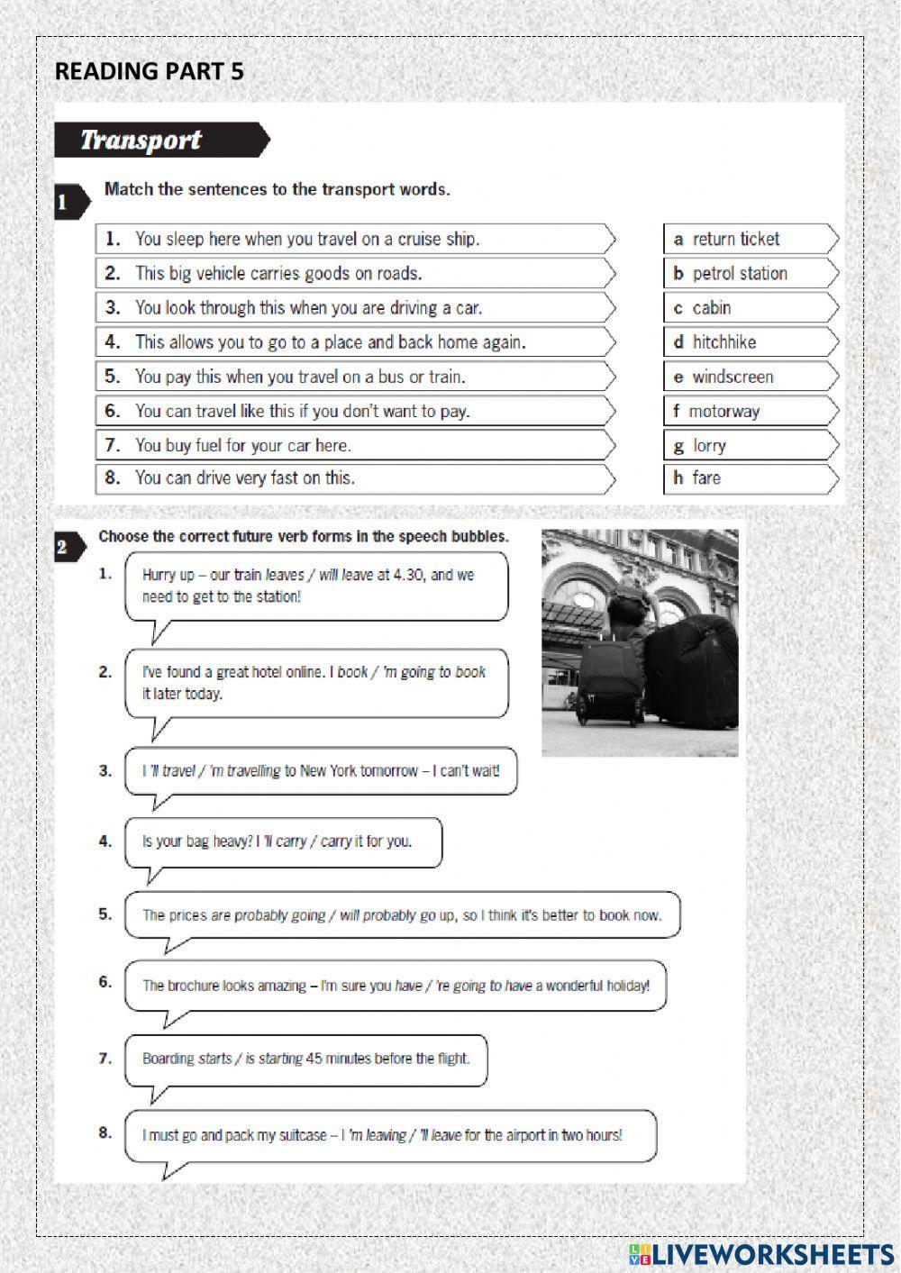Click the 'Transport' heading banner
coord(160,141)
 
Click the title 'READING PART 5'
coord(149,72)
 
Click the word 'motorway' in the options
coord(724,412)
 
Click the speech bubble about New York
coord(320,771)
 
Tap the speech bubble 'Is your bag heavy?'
coord(282,841)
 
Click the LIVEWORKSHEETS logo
coord(761,1253)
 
